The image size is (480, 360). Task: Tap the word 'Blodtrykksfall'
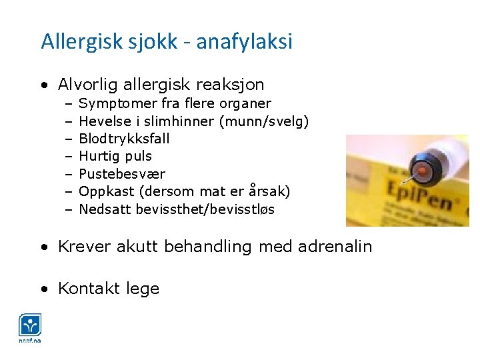tap(124, 139)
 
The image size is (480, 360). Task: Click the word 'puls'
tap(139, 156)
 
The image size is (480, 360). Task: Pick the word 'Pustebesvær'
tap(122, 174)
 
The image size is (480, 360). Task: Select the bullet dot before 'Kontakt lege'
tap(44, 289)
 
